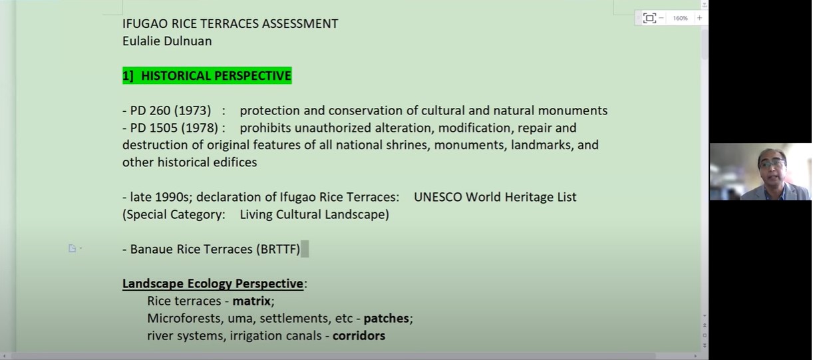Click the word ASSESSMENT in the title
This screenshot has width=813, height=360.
[300, 23]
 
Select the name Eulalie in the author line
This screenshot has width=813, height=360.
[141, 41]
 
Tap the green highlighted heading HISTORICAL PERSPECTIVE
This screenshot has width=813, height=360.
[207, 75]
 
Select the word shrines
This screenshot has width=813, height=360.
[408, 145]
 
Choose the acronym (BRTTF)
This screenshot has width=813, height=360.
[278, 250]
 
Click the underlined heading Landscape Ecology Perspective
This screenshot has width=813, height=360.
[213, 283]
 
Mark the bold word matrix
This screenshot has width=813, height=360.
[251, 301]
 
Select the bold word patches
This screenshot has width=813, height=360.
[387, 319]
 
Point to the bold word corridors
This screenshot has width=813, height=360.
[359, 335]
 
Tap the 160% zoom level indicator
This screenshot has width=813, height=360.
[680, 18]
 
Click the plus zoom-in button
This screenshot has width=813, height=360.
[699, 18]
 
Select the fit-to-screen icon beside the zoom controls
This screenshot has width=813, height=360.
[649, 18]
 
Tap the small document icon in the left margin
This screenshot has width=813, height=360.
[73, 248]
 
